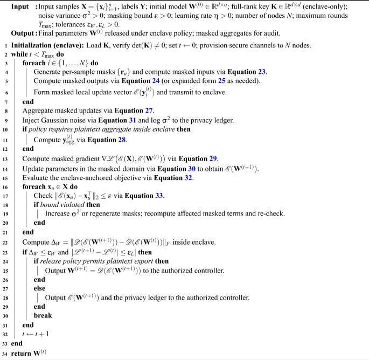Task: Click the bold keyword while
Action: click(20, 54)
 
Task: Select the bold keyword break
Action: click(43, 316)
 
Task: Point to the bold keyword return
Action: click(22, 353)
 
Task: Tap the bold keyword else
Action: click(40, 288)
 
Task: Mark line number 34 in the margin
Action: click(5, 353)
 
